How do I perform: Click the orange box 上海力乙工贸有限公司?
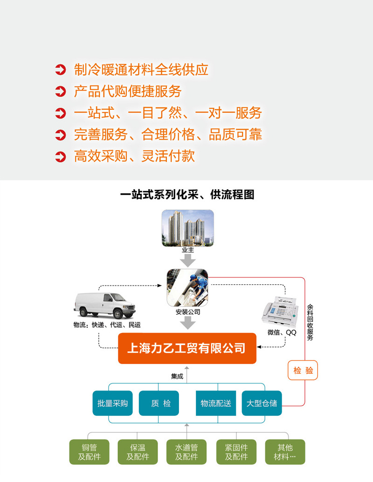pyautogui.click(x=187, y=348)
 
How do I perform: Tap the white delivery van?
pyautogui.click(x=104, y=305)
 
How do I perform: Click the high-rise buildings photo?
pyautogui.click(x=187, y=227)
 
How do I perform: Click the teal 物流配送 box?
pyautogui.click(x=216, y=403)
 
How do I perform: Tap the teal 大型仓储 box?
pyautogui.click(x=262, y=403)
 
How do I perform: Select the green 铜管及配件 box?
pyautogui.click(x=89, y=452)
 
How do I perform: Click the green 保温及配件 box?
pyautogui.click(x=138, y=452)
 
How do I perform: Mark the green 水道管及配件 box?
pyautogui.click(x=186, y=452)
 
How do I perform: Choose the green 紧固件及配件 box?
pyautogui.click(x=236, y=452)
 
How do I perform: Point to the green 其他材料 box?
pyautogui.click(x=285, y=452)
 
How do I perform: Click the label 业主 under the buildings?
pyautogui.click(x=187, y=250)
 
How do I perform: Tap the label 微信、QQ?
pyautogui.click(x=282, y=333)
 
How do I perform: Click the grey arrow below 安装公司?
pyautogui.click(x=188, y=322)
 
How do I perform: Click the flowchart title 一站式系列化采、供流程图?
pyautogui.click(x=187, y=194)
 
